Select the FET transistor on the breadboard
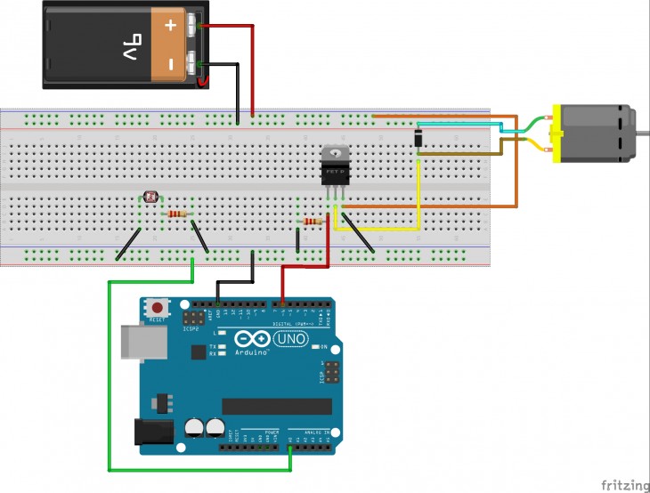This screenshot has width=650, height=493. [335, 164]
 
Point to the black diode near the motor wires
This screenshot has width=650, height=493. [418, 137]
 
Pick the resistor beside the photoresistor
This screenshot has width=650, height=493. [177, 214]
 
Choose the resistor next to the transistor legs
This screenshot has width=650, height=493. [313, 221]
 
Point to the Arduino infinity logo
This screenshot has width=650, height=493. [250, 340]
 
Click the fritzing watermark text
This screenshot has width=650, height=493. [623, 484]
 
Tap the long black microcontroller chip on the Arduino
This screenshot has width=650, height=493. [276, 407]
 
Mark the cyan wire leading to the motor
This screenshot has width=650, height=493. [463, 123]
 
